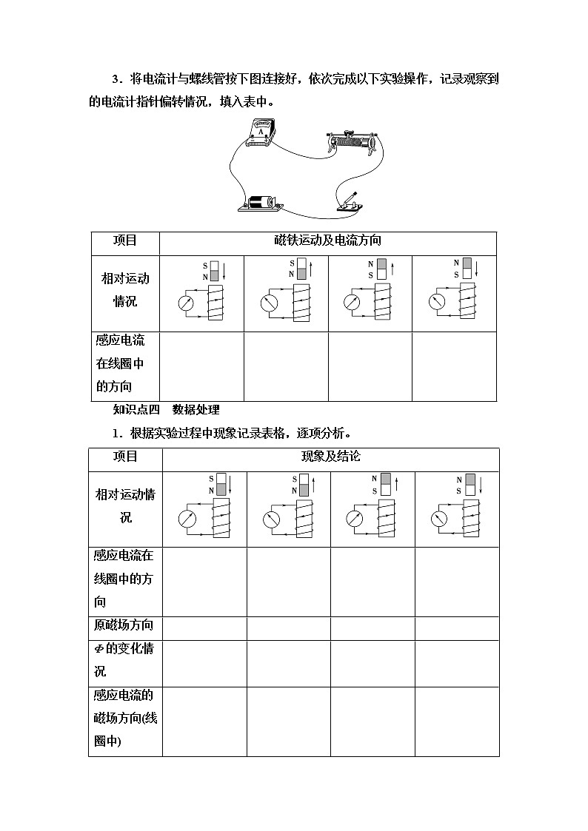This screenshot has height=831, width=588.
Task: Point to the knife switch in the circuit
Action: pos(349,201)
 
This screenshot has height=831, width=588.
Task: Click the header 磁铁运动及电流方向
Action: pos(327,240)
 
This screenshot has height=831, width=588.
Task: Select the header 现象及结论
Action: pos(330,457)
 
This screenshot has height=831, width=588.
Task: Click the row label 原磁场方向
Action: pos(124,626)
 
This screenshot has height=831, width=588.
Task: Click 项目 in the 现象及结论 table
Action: pos(125,457)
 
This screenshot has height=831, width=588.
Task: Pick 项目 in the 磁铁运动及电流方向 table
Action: pos(125,240)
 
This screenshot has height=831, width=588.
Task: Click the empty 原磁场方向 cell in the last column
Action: pos(457,628)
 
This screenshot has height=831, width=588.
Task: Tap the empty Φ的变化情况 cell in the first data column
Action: pos(204,663)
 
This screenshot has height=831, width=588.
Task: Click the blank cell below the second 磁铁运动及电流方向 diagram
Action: pos(286,366)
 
